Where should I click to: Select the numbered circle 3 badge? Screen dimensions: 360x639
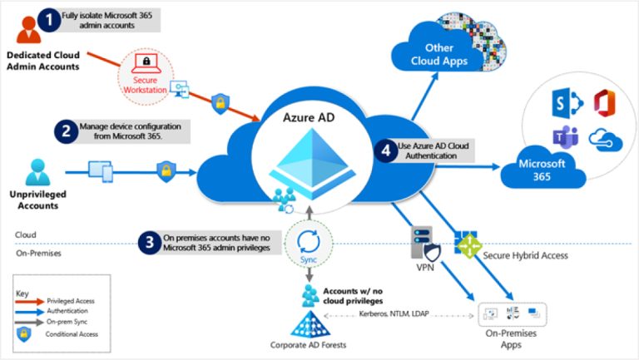coord(149,243)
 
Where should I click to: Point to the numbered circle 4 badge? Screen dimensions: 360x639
coord(384,151)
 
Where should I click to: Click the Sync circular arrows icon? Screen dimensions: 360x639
coord(308,243)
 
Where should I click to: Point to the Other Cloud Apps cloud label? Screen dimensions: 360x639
coord(439,55)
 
